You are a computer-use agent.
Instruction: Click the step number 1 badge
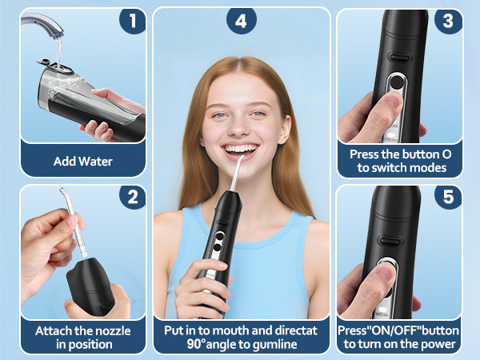(x=133, y=21)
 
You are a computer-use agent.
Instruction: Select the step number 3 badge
(x=448, y=21)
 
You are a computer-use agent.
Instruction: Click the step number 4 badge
(x=241, y=21)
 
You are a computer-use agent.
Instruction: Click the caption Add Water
(x=83, y=161)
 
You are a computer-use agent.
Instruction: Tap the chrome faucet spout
(x=56, y=31)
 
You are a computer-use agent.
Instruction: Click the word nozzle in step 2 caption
(x=114, y=330)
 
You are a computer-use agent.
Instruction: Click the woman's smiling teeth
(x=241, y=147)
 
